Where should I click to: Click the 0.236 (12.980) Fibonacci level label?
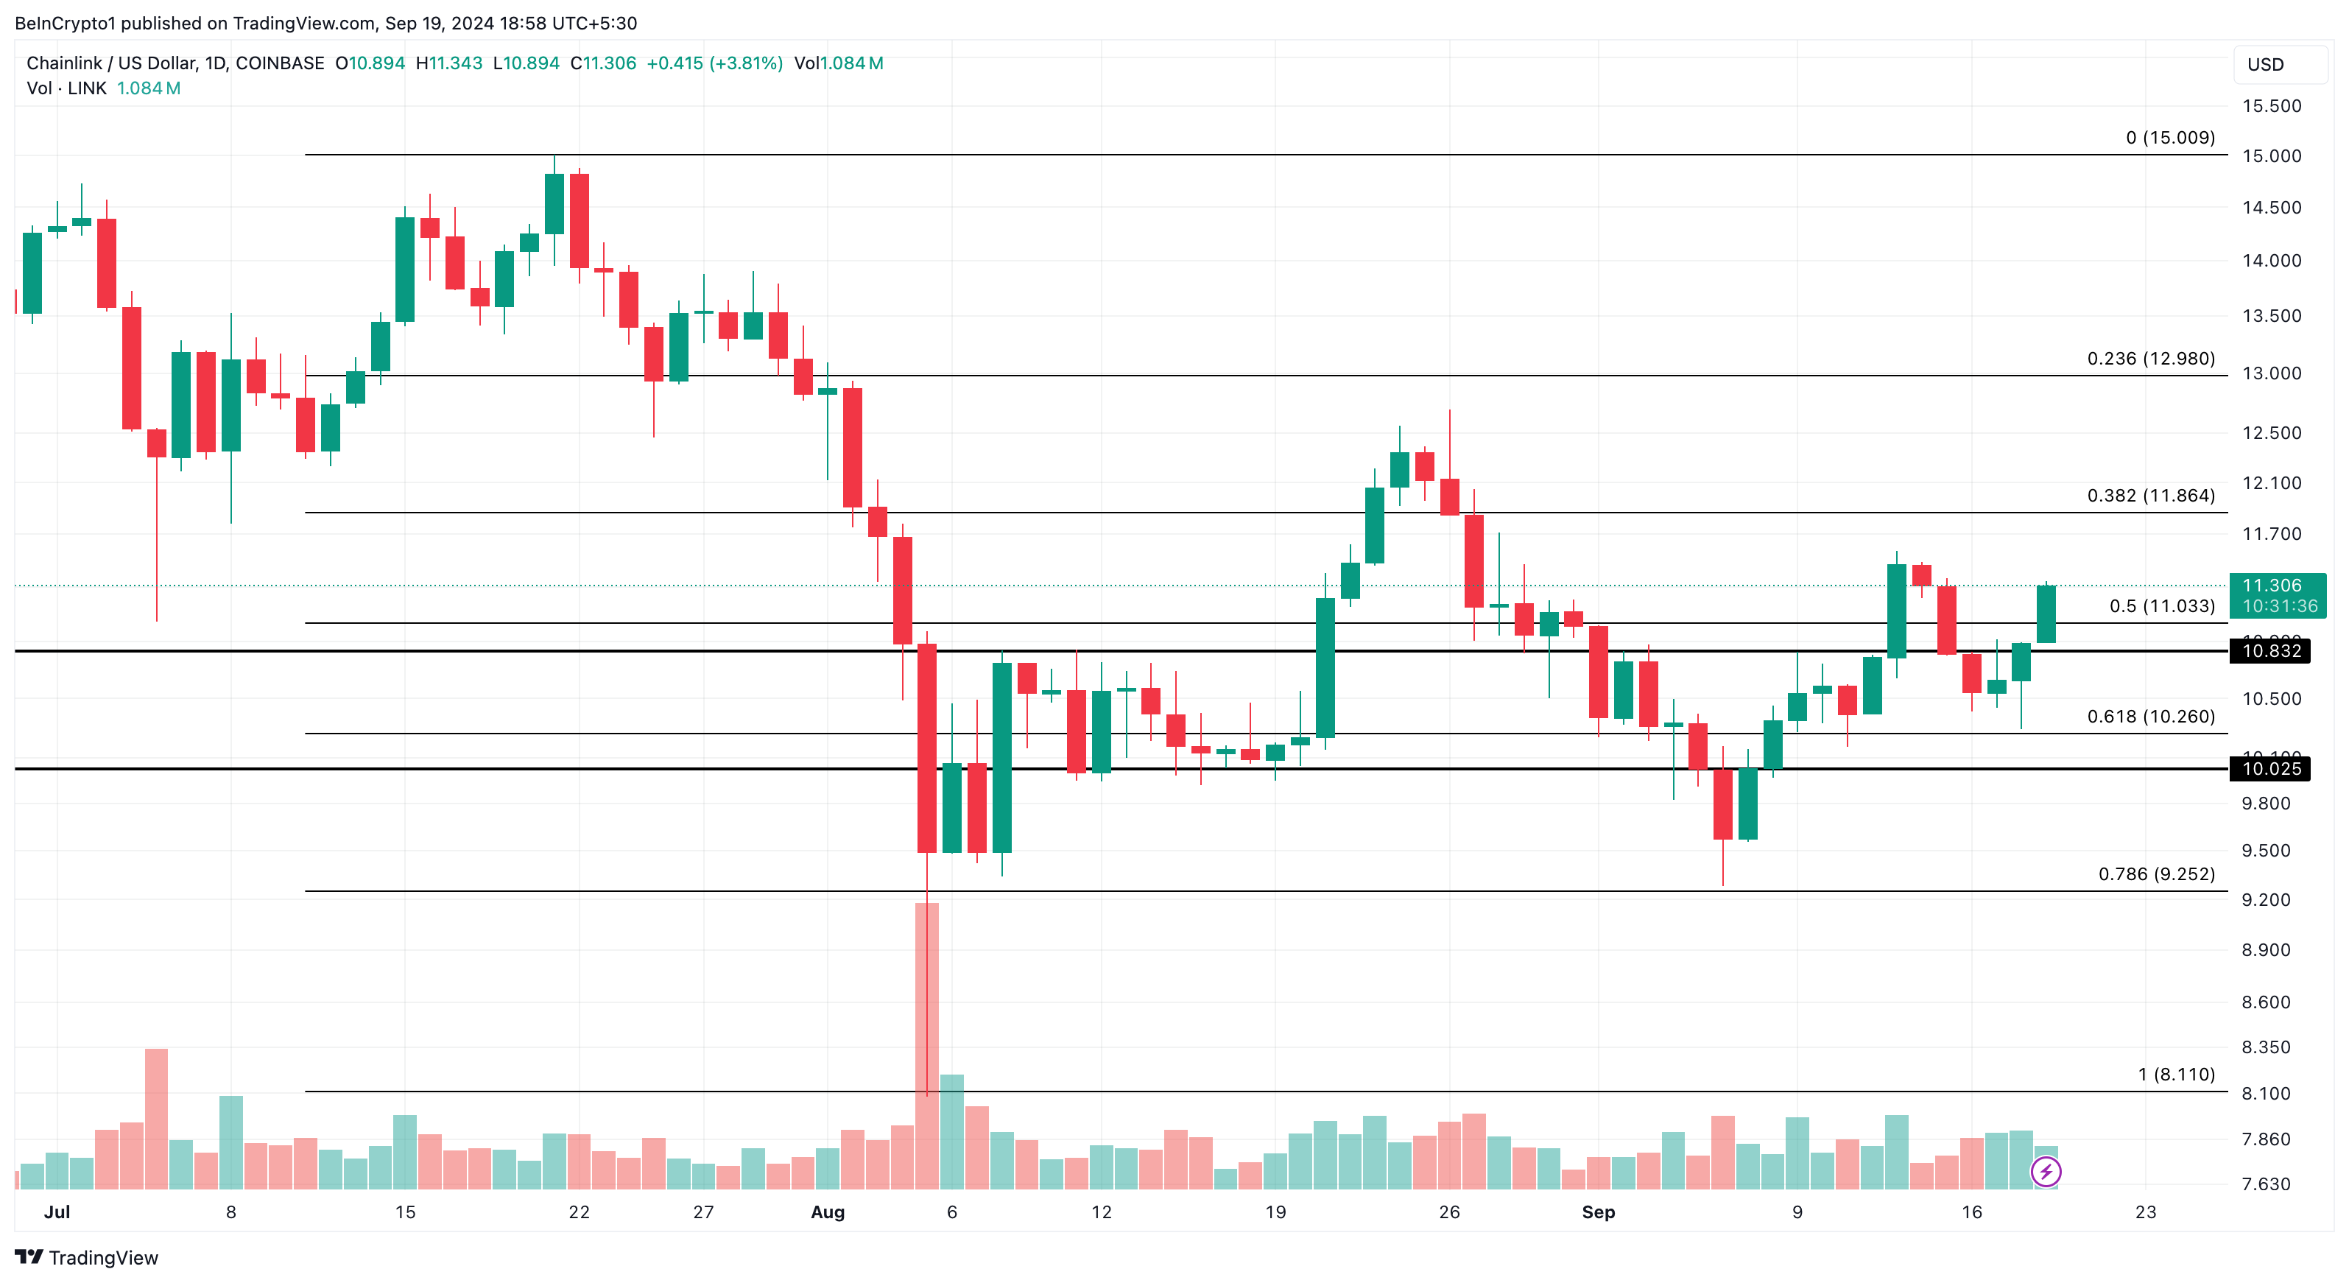click(2150, 359)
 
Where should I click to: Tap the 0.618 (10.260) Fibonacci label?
click(2150, 716)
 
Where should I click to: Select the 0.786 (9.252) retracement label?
click(2155, 874)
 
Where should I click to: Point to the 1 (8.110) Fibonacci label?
click(2176, 1074)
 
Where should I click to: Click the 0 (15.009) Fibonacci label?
click(2169, 138)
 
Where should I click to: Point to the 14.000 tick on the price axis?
click(2271, 261)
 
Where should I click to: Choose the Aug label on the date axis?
click(827, 1212)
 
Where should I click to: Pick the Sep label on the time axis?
click(1598, 1212)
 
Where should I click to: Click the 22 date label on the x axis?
click(578, 1212)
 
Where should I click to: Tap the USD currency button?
click(2265, 65)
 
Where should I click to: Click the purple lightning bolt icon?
click(2046, 1171)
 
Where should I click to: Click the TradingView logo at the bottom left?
click(87, 1257)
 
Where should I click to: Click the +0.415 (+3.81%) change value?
click(714, 63)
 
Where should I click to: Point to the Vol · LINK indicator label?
click(66, 88)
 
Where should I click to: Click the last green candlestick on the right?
click(2046, 614)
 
